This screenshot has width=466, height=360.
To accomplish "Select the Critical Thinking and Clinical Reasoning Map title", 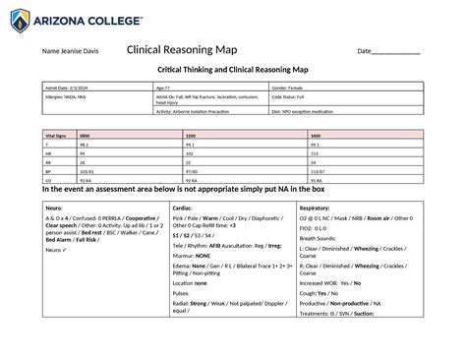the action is [233, 70].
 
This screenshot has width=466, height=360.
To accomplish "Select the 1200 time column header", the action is [191, 135].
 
